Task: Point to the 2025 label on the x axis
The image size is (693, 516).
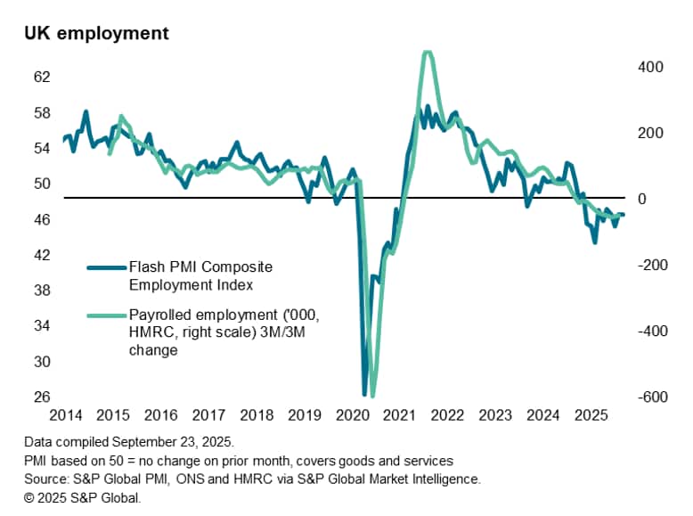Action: coord(591,415)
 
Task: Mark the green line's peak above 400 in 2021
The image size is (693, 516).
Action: coord(428,53)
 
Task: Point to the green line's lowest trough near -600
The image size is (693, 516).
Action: coord(371,395)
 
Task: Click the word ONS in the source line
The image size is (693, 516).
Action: coord(222,479)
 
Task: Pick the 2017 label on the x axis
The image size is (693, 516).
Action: coord(208,415)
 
